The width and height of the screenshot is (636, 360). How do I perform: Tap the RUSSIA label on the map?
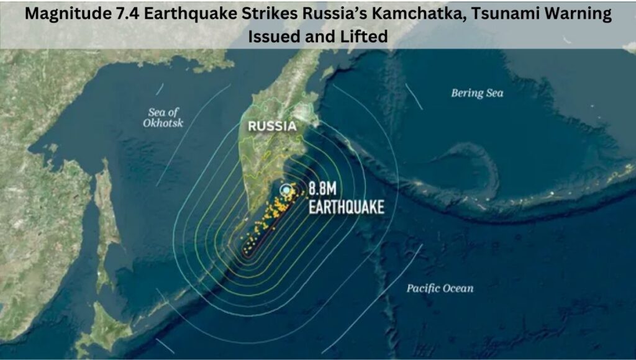[272, 127]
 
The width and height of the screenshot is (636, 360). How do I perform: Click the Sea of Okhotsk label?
[163, 117]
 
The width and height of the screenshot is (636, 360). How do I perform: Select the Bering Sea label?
[477, 93]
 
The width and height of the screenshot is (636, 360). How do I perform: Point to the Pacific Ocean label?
[440, 288]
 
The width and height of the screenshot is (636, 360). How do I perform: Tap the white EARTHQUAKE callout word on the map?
[347, 207]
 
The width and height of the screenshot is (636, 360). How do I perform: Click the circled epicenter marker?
[286, 189]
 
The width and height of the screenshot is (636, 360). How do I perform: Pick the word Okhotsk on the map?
[163, 123]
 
